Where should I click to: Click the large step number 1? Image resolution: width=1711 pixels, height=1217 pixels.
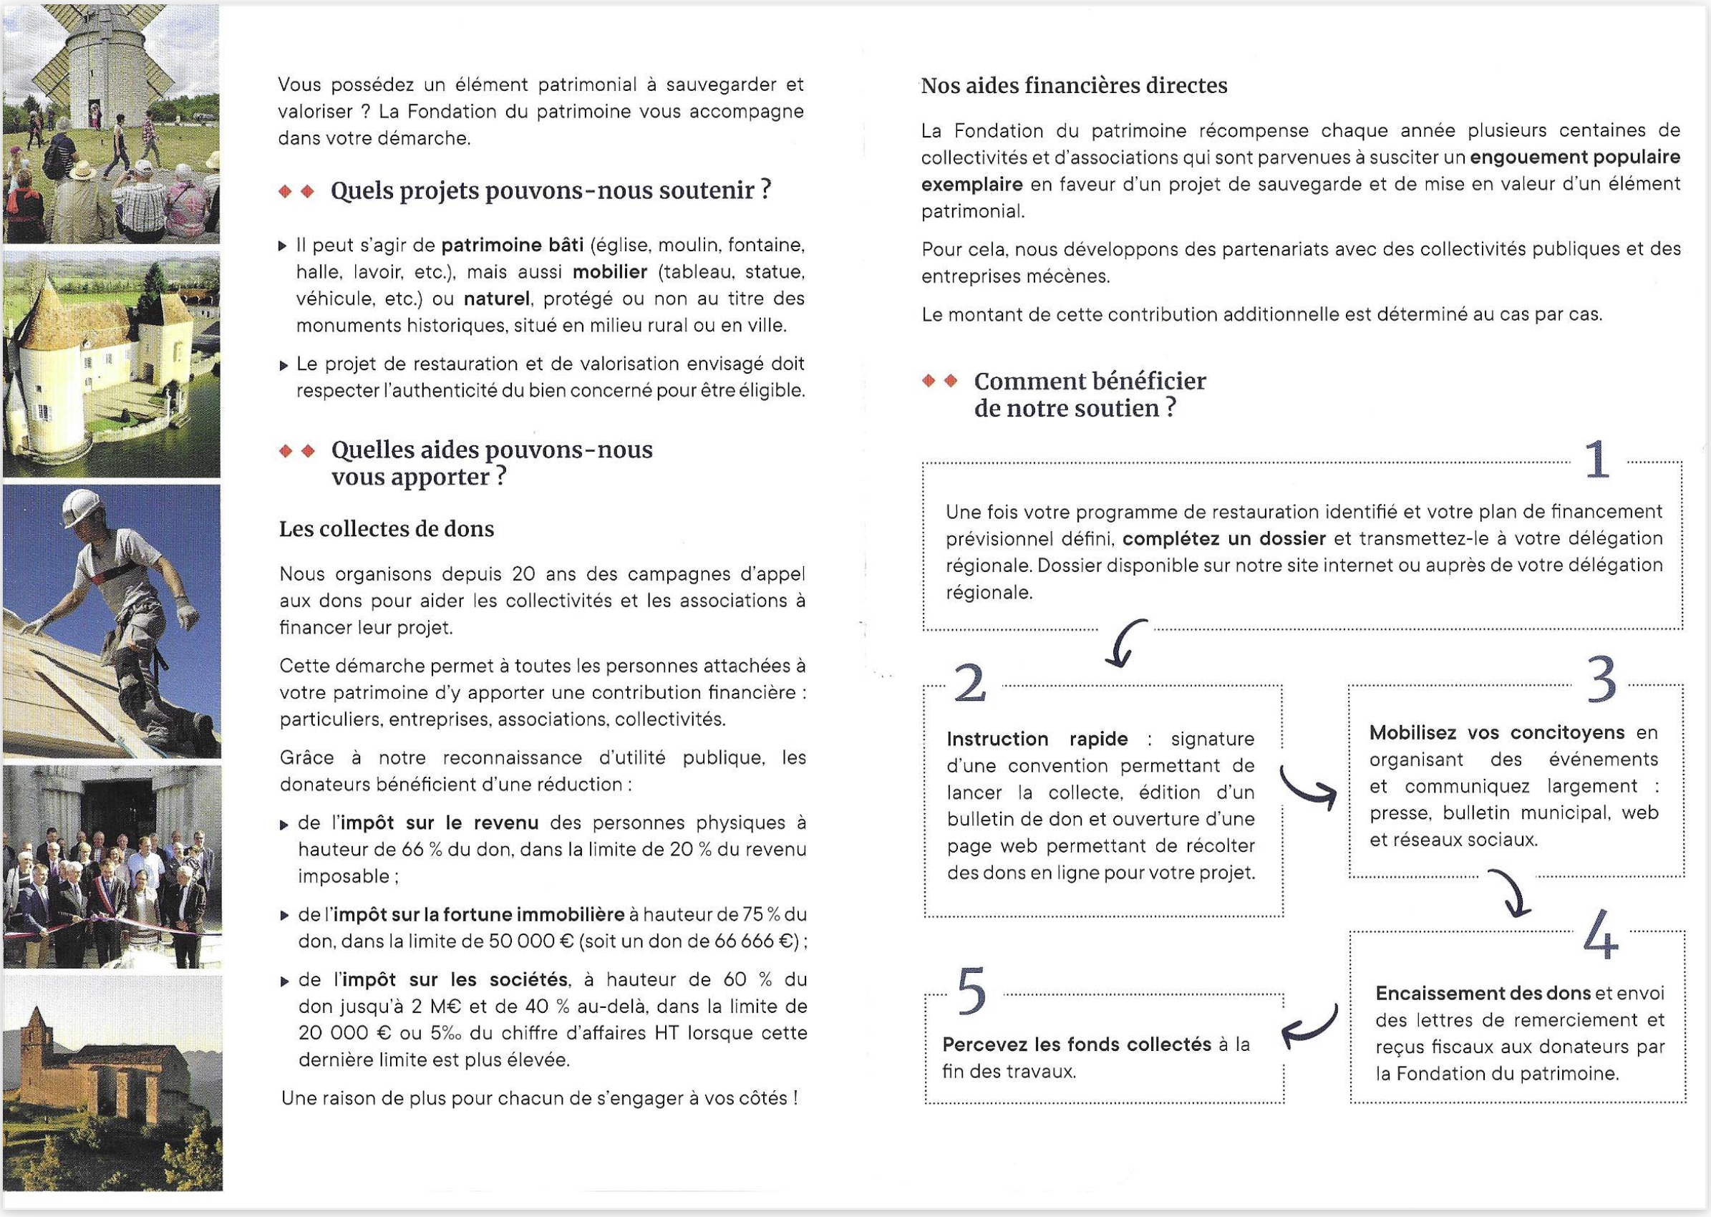[1597, 460]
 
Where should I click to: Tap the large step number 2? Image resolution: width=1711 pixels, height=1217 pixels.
[971, 684]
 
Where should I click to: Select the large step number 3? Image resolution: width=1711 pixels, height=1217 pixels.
[1601, 680]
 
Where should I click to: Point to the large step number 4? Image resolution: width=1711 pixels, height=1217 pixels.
[1601, 934]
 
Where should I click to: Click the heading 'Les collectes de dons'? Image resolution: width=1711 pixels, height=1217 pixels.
[387, 529]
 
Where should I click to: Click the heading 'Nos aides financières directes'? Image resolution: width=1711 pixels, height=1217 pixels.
[1074, 86]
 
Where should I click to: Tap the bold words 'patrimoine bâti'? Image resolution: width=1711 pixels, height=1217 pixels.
[513, 245]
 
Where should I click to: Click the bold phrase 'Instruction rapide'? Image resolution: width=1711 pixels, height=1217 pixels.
[1037, 739]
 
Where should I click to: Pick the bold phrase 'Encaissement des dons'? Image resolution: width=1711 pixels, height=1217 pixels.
[1483, 994]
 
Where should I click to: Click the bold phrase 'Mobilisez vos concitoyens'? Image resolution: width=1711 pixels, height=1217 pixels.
[1497, 732]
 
